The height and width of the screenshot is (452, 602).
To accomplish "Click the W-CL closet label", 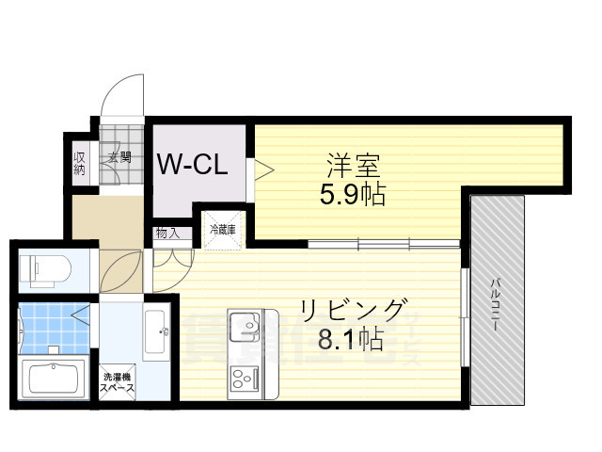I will [192, 166].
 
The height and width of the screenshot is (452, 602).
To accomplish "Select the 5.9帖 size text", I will [353, 196].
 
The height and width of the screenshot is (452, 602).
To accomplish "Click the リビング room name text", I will [353, 309].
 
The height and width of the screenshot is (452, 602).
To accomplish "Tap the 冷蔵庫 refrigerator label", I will [221, 229].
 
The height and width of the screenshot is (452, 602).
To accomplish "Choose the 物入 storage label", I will [166, 233].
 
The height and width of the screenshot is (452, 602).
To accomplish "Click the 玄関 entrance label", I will [119, 157].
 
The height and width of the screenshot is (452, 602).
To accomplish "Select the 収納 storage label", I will [80, 163].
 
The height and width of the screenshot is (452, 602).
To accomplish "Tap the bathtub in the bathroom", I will [55, 379].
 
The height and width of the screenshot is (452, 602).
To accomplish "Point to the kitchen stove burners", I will [245, 379].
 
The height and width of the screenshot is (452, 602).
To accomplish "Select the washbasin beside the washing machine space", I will [157, 331].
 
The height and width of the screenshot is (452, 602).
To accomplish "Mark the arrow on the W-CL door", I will [262, 170].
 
